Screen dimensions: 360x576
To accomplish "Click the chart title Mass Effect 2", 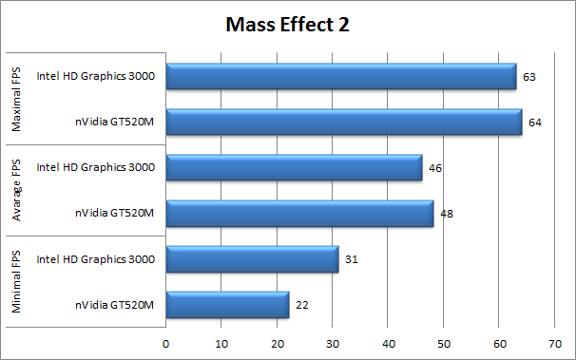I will click(x=288, y=25).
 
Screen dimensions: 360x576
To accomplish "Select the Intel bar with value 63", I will click(x=341, y=77).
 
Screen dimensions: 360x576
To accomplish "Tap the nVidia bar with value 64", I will click(x=344, y=123).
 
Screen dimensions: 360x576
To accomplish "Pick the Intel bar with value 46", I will click(x=294, y=168).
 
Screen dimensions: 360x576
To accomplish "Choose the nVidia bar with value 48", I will click(x=299, y=214).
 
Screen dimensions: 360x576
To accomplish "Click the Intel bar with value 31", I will click(x=252, y=259).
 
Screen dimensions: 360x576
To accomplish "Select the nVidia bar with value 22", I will click(x=227, y=305).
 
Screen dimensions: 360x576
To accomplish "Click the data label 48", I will click(x=447, y=214).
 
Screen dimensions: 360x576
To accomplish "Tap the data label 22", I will click(x=302, y=305).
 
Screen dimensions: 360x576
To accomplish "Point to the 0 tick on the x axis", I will click(x=166, y=343).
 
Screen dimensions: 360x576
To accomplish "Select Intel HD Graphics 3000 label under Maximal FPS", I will click(x=96, y=77).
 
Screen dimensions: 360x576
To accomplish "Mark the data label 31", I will click(x=352, y=259).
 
